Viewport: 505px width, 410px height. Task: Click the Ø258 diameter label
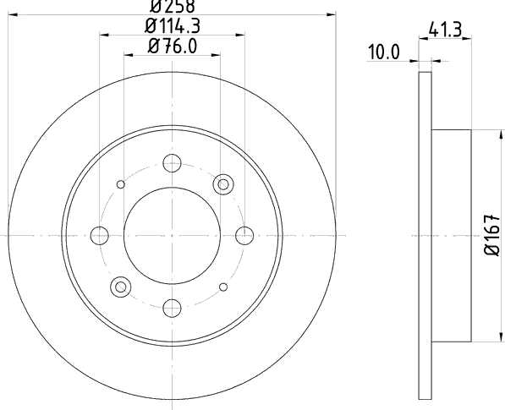point(173,6)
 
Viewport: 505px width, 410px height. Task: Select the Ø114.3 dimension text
point(173,25)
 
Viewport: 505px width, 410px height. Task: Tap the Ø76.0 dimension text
point(173,46)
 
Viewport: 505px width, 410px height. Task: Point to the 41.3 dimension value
point(446,29)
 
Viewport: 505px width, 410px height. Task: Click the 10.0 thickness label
point(383,52)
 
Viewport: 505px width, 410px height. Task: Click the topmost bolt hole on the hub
point(172,163)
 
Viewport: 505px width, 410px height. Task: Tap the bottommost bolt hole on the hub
point(172,308)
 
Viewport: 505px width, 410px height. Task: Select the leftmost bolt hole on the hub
point(100,236)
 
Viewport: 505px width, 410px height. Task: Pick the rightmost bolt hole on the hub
point(244,236)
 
